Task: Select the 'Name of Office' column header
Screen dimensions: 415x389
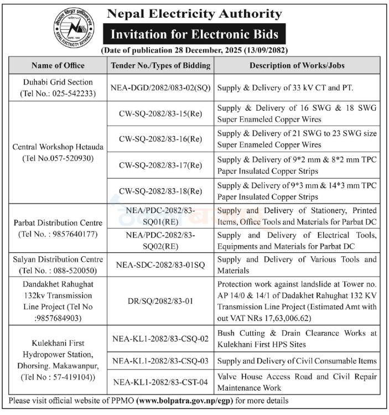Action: pos(58,65)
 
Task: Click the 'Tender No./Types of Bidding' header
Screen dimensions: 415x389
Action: pos(161,65)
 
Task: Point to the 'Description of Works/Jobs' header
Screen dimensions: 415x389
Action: pos(297,65)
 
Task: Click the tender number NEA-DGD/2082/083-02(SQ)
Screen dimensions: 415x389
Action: pos(161,87)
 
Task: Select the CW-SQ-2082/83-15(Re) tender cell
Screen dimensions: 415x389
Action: pos(161,114)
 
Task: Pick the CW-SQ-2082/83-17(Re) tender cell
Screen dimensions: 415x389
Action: pos(161,165)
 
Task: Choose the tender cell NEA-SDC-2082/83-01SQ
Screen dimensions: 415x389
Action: pos(161,265)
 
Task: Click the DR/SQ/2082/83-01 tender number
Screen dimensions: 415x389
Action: pos(161,300)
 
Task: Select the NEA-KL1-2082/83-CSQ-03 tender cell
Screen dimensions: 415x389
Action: pos(161,361)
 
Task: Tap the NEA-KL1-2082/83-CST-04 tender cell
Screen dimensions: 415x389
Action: pos(161,382)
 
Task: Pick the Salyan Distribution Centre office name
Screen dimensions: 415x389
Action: pos(58,259)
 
